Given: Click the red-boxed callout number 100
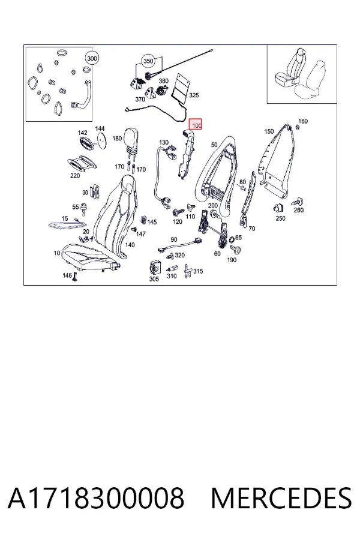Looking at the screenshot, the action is [197, 125].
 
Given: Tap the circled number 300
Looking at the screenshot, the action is [92, 59].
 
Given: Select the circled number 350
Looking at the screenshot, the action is [148, 61].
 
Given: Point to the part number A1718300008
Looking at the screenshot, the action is [96, 499].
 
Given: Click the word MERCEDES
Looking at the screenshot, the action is [281, 499].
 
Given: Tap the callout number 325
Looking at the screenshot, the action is [194, 95].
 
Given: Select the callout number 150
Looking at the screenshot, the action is [269, 131].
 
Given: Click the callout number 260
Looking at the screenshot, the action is [299, 210].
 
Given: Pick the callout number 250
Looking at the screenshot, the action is [281, 218].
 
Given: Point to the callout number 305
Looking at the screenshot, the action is [154, 279].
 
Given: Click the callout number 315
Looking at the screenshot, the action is [198, 271].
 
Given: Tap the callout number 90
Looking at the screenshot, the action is [174, 239].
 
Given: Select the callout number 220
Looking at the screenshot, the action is [75, 176].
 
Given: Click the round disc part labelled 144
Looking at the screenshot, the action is [100, 140].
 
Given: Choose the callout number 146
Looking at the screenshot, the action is [67, 275].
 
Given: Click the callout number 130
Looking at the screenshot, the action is [164, 142].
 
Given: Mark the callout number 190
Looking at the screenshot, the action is [232, 260].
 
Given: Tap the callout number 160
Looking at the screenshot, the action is [303, 121].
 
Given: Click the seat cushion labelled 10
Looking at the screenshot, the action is [90, 257].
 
